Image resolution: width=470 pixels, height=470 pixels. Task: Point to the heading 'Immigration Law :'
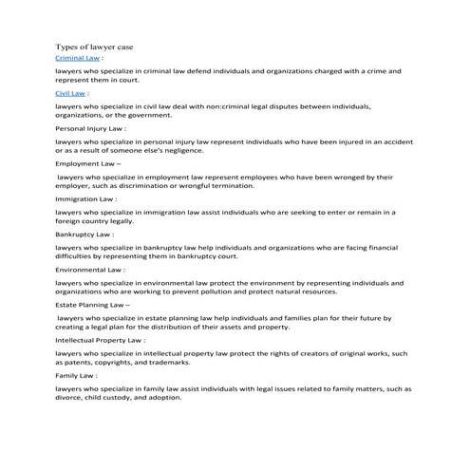[x=86, y=199]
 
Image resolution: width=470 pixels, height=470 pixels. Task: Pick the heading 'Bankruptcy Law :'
[x=85, y=234]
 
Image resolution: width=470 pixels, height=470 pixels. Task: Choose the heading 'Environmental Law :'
[x=91, y=269]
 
